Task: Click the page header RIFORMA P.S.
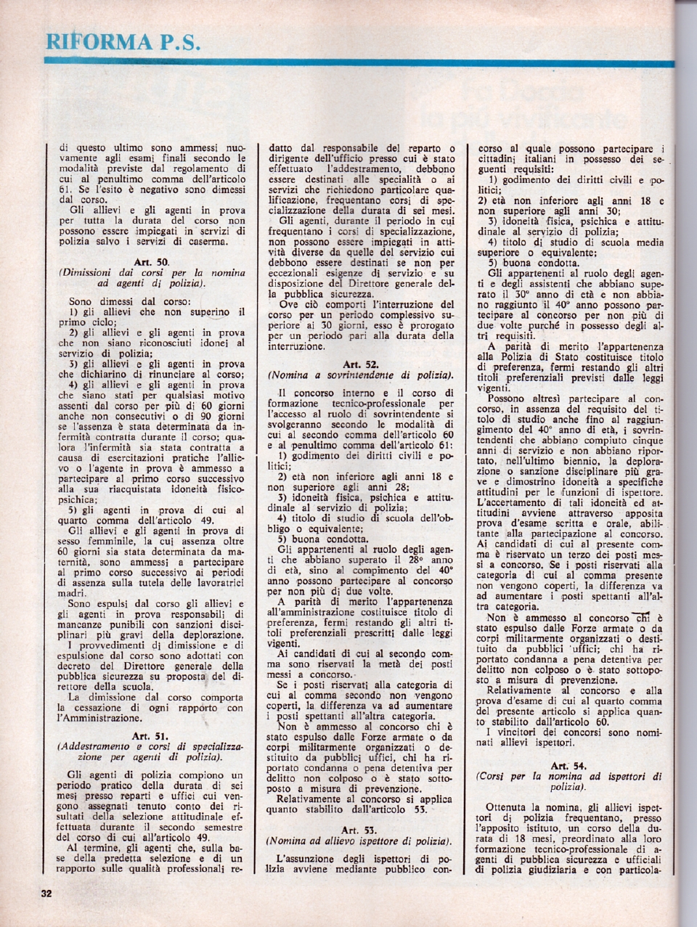tap(121, 41)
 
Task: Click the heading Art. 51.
tap(151, 736)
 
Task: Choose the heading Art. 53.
tap(358, 829)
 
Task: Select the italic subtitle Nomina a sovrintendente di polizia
tap(359, 375)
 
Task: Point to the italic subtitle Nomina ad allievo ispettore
tap(359, 841)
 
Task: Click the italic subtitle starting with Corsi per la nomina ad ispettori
tap(568, 781)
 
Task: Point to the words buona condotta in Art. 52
tap(323, 539)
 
